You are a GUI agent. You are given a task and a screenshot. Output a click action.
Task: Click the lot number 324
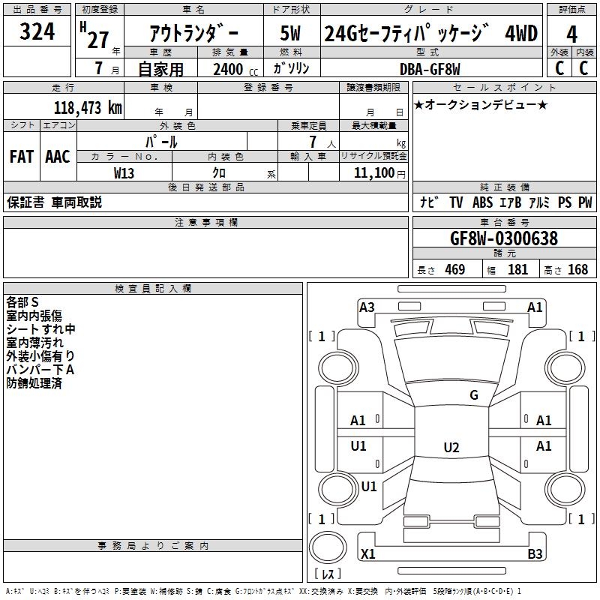click(x=37, y=31)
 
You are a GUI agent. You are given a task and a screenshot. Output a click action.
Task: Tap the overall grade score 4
click(x=571, y=34)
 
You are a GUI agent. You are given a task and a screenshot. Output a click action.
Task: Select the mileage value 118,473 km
click(x=88, y=108)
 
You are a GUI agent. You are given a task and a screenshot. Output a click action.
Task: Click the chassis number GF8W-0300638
click(x=504, y=238)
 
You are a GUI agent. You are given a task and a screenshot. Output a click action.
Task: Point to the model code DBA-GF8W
click(x=430, y=69)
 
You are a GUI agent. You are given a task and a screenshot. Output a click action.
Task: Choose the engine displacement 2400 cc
click(x=235, y=70)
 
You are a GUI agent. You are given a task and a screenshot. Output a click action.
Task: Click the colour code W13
click(x=124, y=173)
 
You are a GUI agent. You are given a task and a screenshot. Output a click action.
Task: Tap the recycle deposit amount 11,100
click(x=373, y=173)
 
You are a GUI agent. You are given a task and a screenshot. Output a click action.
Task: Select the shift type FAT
click(x=22, y=157)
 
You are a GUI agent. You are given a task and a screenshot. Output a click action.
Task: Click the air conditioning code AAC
click(x=58, y=157)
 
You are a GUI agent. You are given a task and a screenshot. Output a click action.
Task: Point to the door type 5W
click(x=290, y=33)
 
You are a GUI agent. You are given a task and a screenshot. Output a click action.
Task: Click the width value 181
click(x=517, y=269)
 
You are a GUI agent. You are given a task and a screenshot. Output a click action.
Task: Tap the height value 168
click(x=577, y=269)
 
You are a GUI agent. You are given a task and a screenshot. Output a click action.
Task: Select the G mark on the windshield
click(x=474, y=395)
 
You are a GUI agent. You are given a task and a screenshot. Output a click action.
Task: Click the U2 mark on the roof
click(x=451, y=447)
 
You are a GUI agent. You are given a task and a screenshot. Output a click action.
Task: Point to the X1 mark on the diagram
click(x=368, y=553)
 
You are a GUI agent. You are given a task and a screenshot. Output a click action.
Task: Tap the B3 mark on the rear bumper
click(x=535, y=553)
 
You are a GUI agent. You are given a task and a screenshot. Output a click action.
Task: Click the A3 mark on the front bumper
click(x=367, y=307)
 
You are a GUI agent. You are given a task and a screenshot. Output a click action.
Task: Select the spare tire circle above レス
click(x=328, y=547)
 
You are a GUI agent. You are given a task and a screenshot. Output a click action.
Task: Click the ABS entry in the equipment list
click(x=482, y=202)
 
